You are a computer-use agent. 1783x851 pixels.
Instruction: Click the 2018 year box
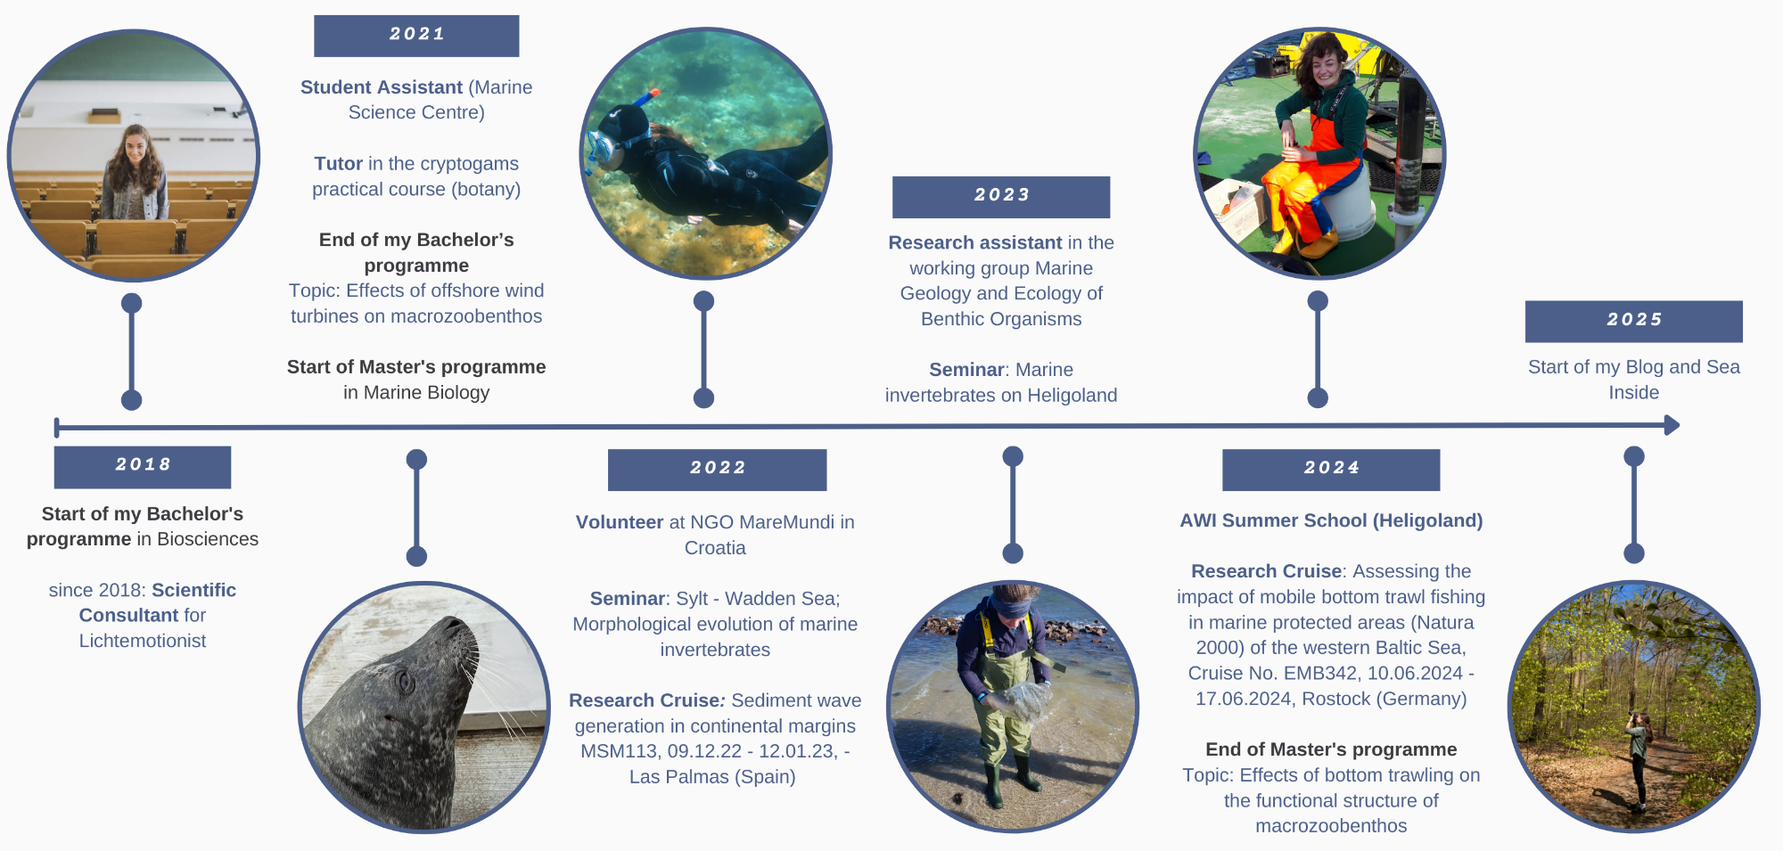143,467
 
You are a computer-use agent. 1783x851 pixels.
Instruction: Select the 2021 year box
416,36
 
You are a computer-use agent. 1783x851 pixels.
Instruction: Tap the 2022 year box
717,470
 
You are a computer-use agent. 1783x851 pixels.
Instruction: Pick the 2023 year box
1001,197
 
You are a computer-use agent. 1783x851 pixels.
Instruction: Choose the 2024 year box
1331,470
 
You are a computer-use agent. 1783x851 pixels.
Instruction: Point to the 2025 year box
1633,322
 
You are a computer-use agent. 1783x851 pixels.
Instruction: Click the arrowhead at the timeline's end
1672,425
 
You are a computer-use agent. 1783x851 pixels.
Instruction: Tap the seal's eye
405,683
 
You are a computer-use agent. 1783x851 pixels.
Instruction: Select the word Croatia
715,548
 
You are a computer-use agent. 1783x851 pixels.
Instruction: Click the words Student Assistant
382,87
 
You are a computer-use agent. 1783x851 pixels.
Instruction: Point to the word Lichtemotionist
143,641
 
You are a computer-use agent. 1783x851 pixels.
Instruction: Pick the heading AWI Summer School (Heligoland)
1331,520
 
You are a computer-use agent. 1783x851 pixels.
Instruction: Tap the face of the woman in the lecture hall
135,146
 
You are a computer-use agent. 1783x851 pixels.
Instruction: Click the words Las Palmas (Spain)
712,777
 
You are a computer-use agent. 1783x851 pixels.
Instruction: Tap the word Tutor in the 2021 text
338,164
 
